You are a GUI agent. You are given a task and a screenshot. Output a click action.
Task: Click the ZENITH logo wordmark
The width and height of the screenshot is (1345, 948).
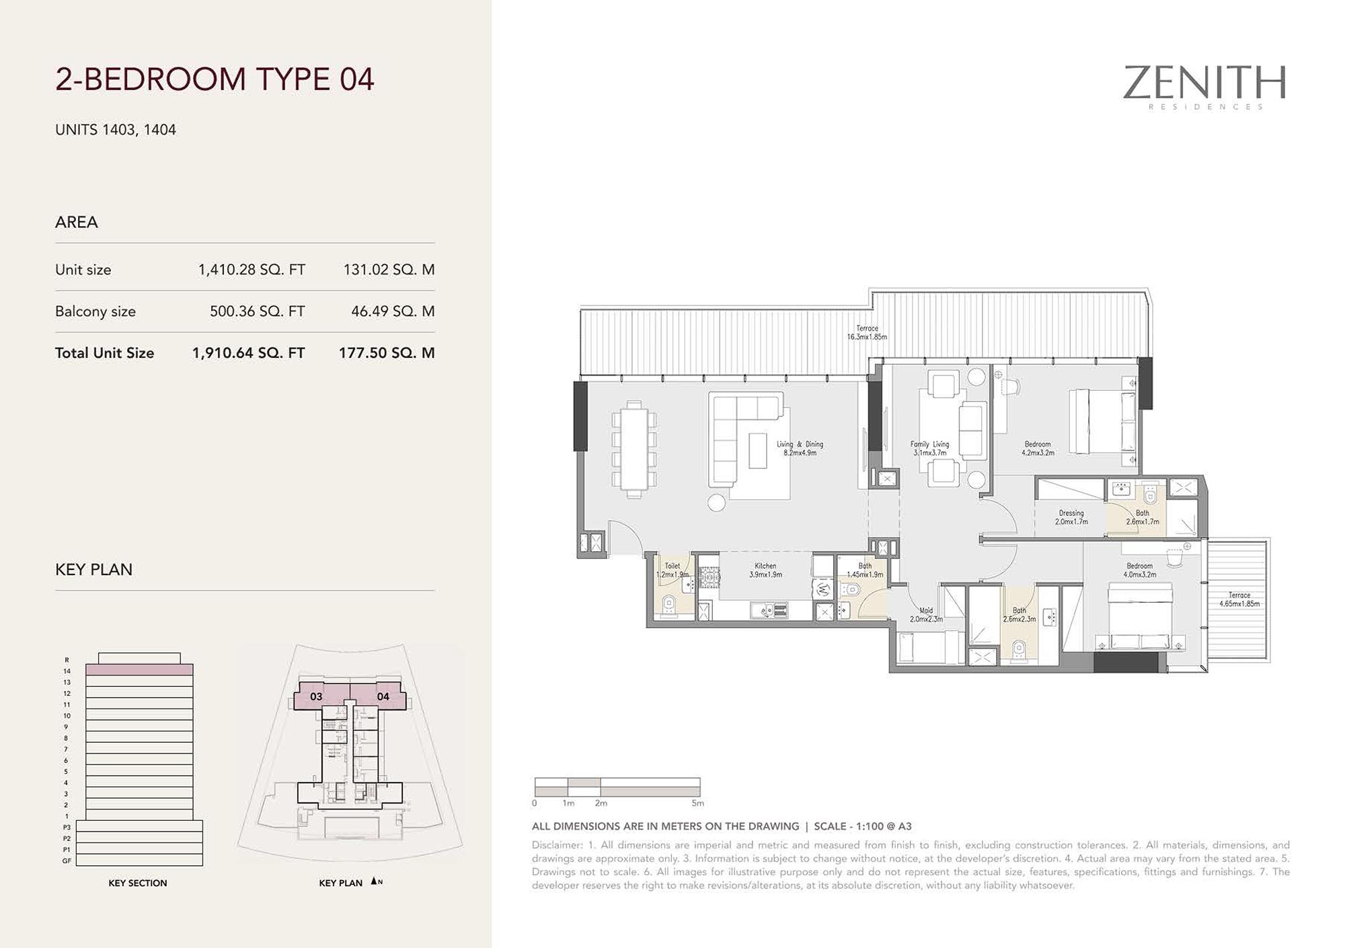1204,83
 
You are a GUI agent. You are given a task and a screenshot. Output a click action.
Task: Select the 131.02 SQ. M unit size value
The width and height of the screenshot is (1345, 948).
389,270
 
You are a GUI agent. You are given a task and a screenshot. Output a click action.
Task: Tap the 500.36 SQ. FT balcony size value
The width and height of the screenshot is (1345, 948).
257,312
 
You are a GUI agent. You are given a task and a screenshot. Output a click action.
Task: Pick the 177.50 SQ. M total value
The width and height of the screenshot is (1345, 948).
387,353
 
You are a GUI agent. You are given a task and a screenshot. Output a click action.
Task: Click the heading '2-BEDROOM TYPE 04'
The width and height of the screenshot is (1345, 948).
215,79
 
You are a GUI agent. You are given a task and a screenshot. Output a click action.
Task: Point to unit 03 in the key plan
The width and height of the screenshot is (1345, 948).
316,696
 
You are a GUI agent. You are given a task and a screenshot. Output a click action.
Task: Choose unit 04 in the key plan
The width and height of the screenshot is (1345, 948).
383,696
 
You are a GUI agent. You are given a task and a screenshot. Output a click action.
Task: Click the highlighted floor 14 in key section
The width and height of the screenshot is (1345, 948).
139,670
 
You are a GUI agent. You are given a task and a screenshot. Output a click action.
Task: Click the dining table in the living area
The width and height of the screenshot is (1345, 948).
633,449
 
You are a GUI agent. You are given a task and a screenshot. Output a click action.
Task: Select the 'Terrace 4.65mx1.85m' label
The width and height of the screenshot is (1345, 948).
1239,599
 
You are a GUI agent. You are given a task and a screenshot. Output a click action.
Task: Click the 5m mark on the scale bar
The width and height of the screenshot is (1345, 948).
698,803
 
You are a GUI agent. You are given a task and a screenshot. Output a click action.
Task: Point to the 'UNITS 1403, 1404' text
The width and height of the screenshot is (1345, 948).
116,130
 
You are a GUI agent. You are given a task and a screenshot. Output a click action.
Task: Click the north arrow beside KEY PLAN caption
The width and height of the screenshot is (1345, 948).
374,881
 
